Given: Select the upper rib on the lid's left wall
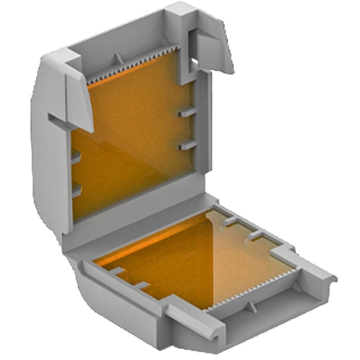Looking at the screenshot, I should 76,158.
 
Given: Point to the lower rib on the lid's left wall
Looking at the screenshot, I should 76,190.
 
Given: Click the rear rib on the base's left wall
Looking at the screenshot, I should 117,271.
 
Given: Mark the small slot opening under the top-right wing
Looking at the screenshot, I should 193,62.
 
